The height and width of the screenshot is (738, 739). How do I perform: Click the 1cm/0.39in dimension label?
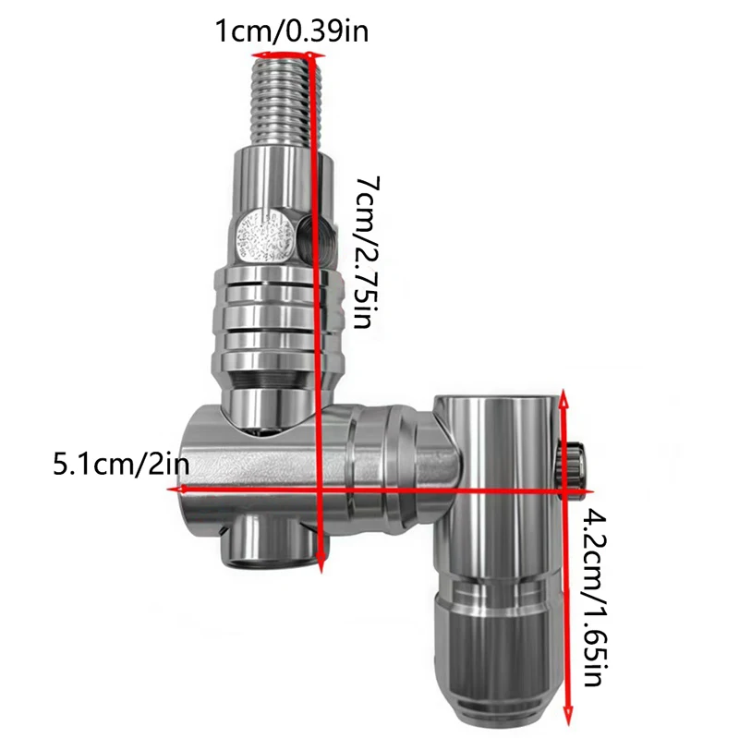tap(292, 31)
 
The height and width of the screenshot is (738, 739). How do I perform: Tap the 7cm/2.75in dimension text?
tap(367, 252)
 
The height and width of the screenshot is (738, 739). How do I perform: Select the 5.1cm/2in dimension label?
tap(121, 465)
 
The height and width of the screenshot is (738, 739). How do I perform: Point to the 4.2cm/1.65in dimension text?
tap(595, 597)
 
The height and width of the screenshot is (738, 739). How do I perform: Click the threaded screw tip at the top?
tap(288, 100)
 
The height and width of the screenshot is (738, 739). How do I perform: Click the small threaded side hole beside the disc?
tap(315, 236)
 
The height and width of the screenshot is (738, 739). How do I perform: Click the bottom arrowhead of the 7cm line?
tap(321, 563)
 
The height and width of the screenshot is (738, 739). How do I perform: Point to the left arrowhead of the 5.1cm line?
tap(177, 490)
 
